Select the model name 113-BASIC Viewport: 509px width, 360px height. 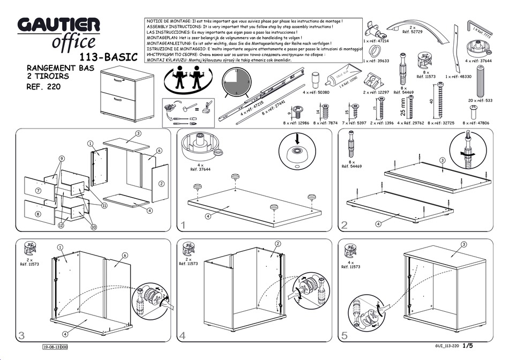[x=110, y=57]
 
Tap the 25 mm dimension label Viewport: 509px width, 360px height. [x=403, y=107]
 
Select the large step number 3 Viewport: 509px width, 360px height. [x=21, y=336]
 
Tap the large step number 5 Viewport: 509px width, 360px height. [x=344, y=336]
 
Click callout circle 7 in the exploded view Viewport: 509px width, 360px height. [x=38, y=190]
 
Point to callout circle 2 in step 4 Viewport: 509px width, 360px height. [x=278, y=244]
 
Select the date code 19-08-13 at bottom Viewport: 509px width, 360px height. [x=55, y=347]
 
